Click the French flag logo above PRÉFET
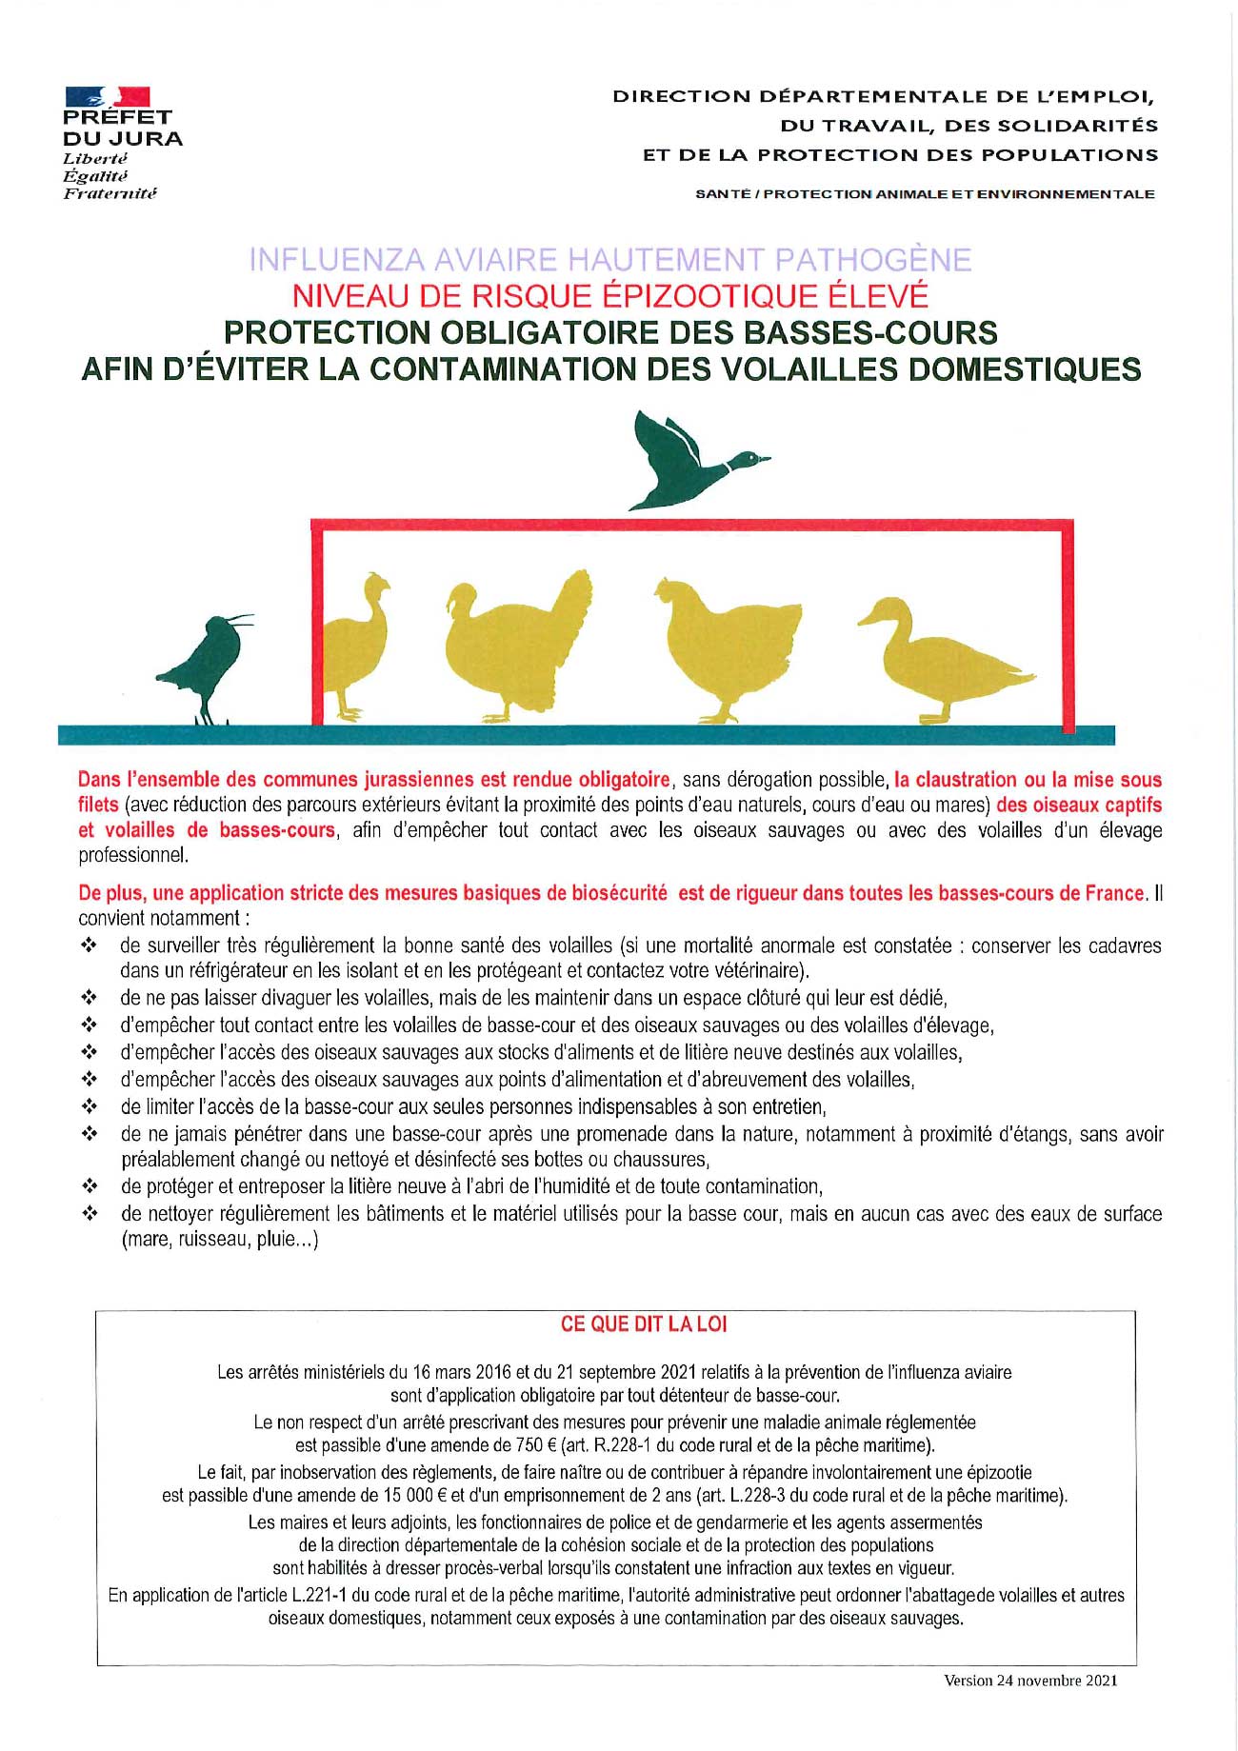107,96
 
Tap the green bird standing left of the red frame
207,663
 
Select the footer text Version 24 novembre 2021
1029,1681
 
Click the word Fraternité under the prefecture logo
110,193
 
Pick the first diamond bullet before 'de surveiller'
90,946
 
